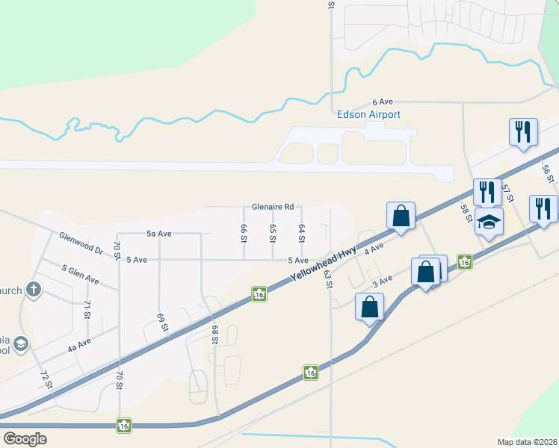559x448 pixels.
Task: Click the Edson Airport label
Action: point(369,114)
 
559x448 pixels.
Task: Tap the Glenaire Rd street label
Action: point(273,207)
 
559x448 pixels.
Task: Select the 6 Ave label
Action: point(383,102)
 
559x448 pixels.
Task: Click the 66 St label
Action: point(244,233)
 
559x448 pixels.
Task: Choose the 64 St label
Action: point(302,233)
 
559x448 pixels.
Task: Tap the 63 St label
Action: point(327,278)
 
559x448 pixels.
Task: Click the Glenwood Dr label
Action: point(81,243)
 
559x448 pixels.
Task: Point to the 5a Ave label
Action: point(159,234)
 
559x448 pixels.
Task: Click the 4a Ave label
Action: point(78,344)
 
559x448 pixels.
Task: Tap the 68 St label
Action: point(214,335)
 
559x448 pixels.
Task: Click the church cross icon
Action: point(33,288)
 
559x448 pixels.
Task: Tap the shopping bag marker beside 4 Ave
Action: point(401,216)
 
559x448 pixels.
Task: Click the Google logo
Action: point(25,439)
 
